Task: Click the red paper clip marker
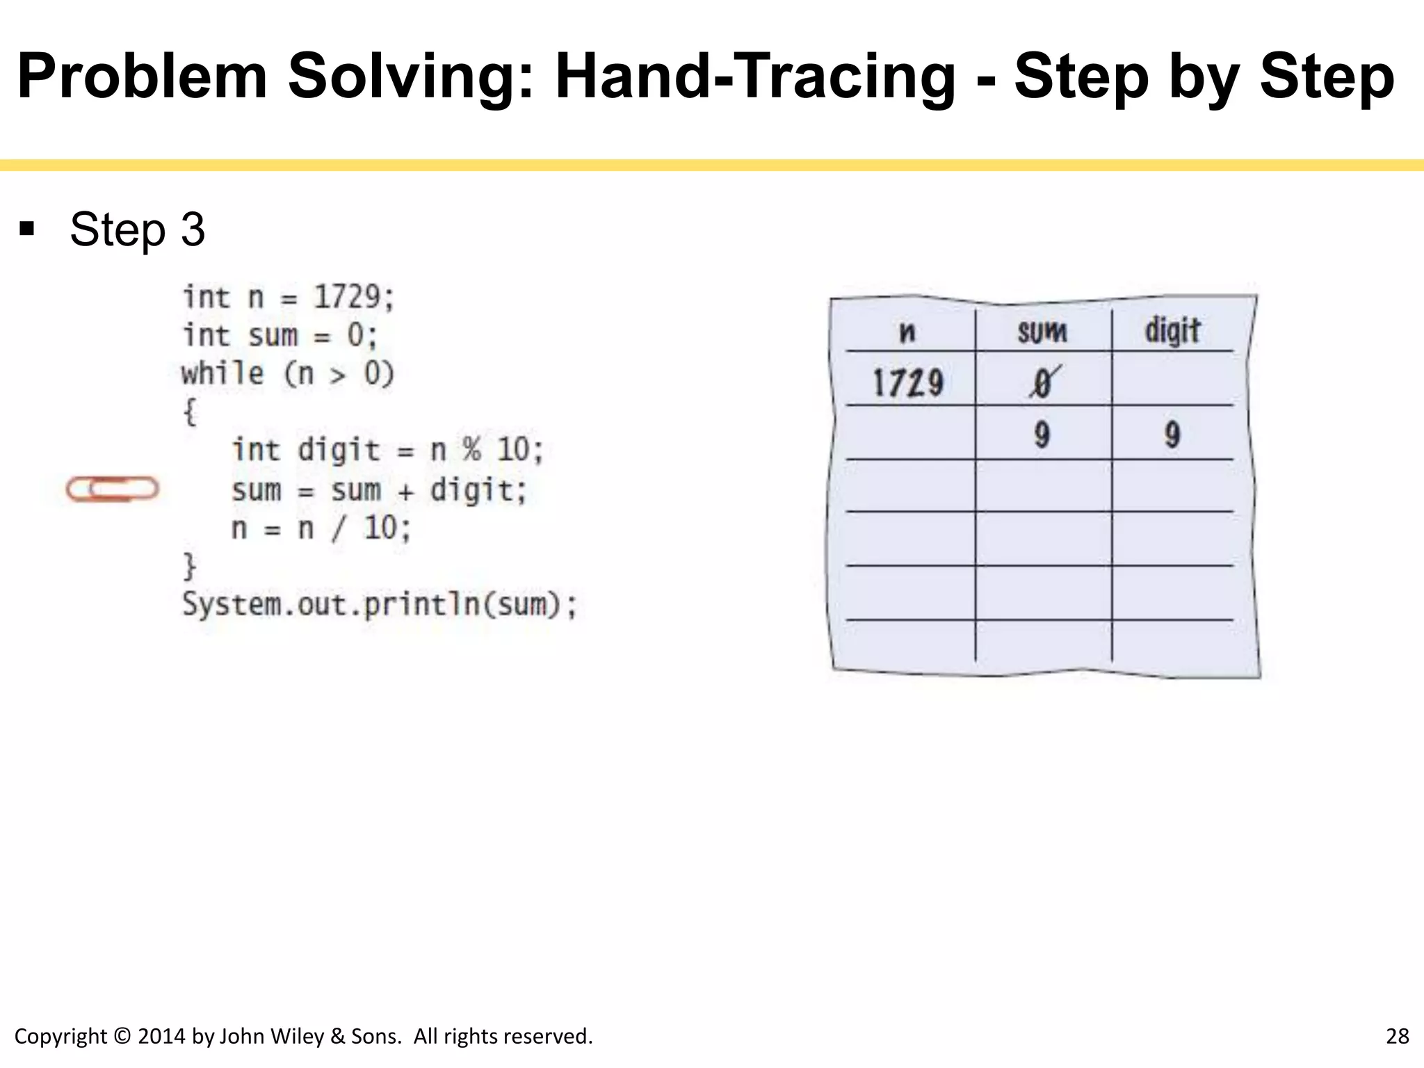pos(113,489)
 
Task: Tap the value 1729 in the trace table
pos(908,383)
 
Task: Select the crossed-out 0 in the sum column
pos(1042,383)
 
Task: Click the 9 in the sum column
pos(1042,435)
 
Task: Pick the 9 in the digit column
pos(1172,435)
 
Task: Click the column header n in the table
pos(907,332)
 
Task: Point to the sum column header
pos(1042,332)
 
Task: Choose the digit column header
pos(1172,330)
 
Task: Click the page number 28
pos(1397,1036)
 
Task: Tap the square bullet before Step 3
pos(27,229)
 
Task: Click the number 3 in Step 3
pos(193,229)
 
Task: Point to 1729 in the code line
pos(347,298)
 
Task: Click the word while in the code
pos(222,374)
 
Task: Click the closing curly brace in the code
pos(189,565)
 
